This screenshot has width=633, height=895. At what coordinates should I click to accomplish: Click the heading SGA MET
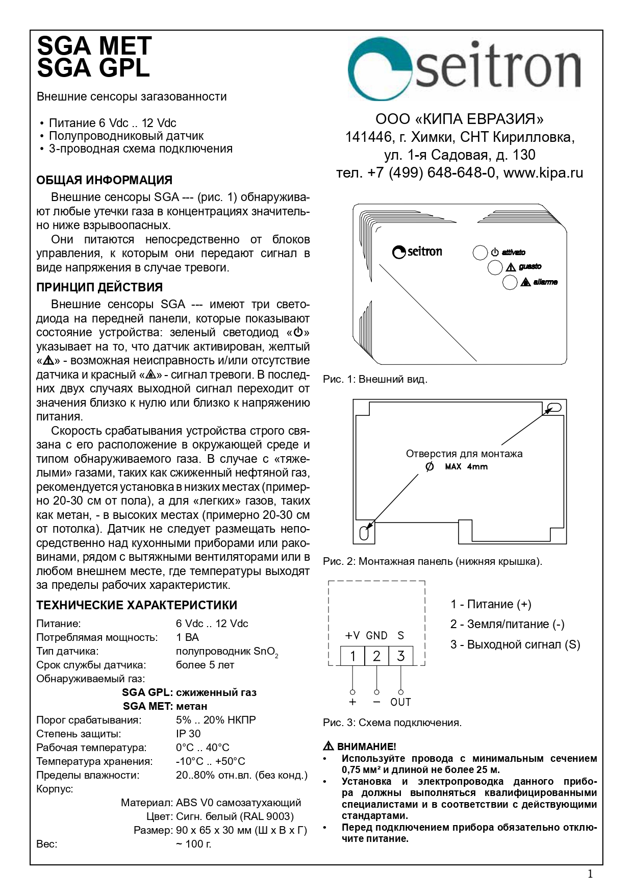[x=94, y=46]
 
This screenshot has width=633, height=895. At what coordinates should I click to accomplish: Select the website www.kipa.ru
[x=543, y=173]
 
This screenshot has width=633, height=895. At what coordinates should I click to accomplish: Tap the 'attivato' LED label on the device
[x=513, y=253]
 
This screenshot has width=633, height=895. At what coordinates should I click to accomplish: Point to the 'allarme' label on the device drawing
[x=545, y=282]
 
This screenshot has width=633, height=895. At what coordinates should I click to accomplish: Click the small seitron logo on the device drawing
[x=417, y=252]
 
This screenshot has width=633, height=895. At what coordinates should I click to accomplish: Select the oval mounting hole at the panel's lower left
[x=364, y=533]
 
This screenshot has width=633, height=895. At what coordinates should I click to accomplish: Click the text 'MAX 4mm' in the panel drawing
[x=466, y=466]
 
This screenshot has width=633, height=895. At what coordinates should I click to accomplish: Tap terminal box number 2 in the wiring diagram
[x=376, y=656]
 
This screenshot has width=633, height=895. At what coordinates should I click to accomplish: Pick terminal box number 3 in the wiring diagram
[x=401, y=656]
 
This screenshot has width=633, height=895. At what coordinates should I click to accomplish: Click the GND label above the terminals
[x=376, y=636]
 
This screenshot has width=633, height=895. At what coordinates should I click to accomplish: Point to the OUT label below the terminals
[x=400, y=702]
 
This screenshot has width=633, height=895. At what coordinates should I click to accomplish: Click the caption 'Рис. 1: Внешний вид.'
[x=375, y=379]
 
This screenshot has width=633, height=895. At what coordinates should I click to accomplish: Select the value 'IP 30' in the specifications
[x=188, y=734]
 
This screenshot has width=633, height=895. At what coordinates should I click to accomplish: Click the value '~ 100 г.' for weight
[x=193, y=843]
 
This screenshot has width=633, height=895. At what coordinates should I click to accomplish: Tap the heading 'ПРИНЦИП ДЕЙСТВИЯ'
[x=99, y=287]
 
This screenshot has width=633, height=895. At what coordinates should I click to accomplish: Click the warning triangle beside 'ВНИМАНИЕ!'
[x=328, y=747]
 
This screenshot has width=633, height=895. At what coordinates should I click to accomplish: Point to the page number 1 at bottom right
[x=590, y=875]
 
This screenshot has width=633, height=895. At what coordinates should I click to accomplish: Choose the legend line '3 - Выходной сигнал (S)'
[x=515, y=644]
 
